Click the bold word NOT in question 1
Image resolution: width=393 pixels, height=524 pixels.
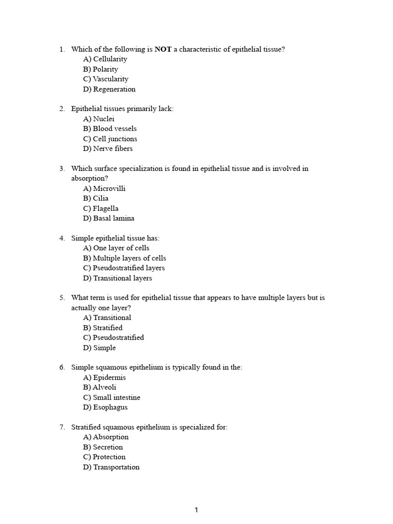click(163, 49)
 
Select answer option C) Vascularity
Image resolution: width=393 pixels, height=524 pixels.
click(105, 79)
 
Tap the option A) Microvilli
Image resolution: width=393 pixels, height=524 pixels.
click(104, 188)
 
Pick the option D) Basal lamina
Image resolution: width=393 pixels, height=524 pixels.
click(108, 218)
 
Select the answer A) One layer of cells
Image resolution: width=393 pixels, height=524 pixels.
click(116, 248)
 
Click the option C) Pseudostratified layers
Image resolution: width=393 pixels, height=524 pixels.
click(124, 268)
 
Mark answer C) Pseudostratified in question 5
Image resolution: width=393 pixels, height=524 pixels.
click(113, 337)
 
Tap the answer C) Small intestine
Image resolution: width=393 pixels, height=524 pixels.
click(111, 397)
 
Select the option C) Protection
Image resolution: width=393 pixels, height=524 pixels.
click(104, 457)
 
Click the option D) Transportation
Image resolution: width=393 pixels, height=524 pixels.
click(111, 467)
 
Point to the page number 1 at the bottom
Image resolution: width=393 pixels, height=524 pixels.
click(196, 510)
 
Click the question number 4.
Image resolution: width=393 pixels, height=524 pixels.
click(61, 238)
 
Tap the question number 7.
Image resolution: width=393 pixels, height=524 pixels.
click(61, 427)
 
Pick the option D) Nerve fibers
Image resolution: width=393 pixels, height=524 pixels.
click(107, 148)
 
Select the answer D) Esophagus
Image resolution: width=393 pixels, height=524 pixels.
click(105, 407)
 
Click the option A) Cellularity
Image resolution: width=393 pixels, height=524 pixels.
click(105, 59)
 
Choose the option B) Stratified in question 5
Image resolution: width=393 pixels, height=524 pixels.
click(102, 327)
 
